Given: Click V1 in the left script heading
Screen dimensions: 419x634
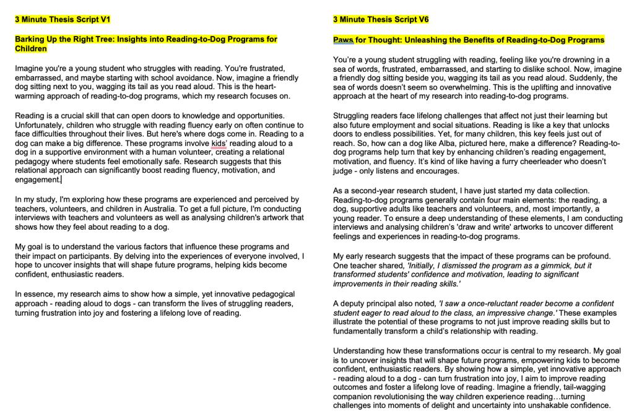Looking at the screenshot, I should (x=105, y=19).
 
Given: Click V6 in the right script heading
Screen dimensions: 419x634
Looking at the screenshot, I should (x=423, y=19).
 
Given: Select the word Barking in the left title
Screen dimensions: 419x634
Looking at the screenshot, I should (x=29, y=40).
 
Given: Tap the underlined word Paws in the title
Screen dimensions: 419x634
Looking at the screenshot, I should (x=343, y=40).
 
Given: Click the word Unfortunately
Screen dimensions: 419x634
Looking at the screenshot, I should (x=38, y=124).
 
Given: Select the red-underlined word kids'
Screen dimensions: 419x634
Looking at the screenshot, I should (x=218, y=143).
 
